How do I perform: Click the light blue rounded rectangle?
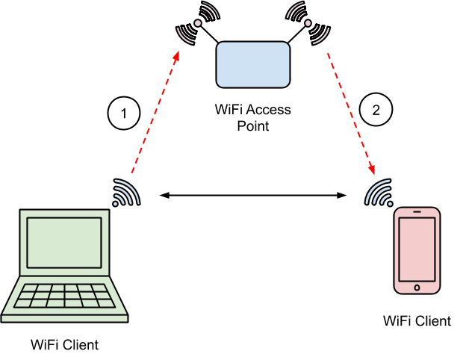[x=252, y=64]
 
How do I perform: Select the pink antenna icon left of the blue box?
[x=198, y=23]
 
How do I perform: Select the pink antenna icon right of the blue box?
[x=308, y=23]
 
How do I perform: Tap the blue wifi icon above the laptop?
[x=125, y=193]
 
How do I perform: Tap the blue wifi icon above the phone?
[x=379, y=193]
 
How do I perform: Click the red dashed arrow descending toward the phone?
[x=351, y=114]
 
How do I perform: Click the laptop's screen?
[x=64, y=243]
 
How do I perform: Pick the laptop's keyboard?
[x=65, y=296]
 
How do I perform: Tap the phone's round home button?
[x=417, y=288]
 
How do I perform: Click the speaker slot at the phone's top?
[x=417, y=212]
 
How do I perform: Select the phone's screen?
[x=417, y=249]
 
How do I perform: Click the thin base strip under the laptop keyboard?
[x=64, y=318]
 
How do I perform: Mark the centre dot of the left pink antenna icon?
[x=198, y=23]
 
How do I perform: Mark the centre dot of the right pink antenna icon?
[x=308, y=23]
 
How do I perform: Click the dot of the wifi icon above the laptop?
[x=116, y=203]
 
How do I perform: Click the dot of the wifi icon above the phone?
[x=389, y=203]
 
